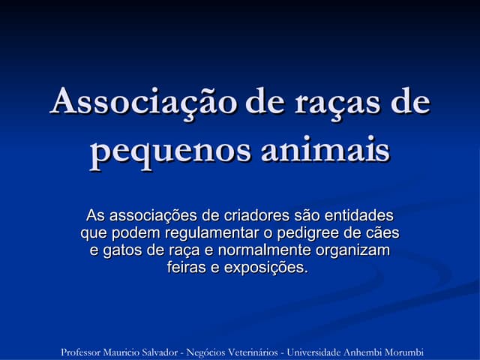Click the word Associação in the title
142,102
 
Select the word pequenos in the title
169,150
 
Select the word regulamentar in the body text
201,233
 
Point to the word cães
382,233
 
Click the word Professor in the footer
84,352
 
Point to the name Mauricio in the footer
132,352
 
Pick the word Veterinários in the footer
248,352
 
